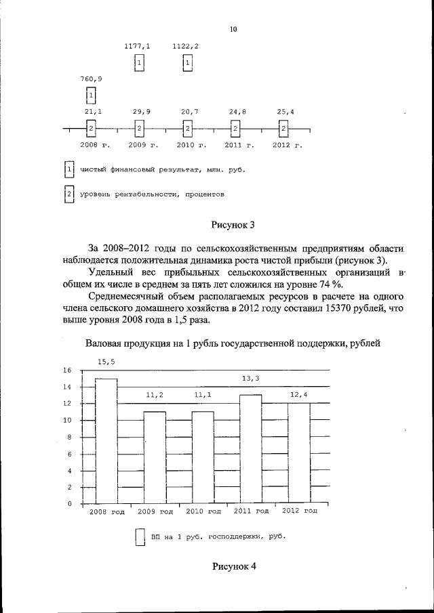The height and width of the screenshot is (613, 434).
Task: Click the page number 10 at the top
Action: [233, 29]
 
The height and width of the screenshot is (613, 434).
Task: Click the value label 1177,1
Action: [138, 46]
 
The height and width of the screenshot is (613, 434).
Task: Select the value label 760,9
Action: [90, 79]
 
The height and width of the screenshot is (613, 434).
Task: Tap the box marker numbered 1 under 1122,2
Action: [188, 63]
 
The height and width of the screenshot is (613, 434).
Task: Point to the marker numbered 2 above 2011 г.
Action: [235, 128]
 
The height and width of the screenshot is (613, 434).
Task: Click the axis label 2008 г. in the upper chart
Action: [95, 145]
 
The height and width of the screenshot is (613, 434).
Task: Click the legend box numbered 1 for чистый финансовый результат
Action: [68, 169]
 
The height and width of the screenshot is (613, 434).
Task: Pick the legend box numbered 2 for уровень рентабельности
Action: [68, 194]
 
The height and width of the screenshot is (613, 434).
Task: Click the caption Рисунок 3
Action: [234, 224]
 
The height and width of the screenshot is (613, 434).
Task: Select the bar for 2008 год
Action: [106, 441]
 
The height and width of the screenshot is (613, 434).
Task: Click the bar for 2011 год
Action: [250, 450]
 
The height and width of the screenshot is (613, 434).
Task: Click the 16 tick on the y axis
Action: [67, 371]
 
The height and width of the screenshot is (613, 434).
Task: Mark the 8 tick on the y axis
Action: [68, 437]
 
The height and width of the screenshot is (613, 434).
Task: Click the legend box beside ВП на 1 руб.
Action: [140, 537]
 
